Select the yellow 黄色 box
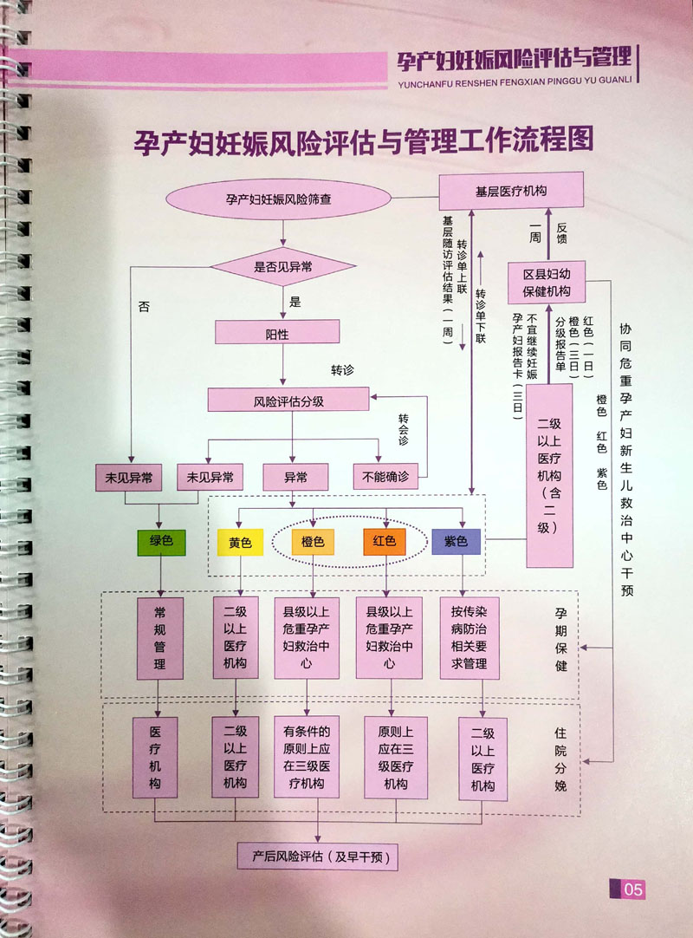coord(240,543)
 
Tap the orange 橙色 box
coord(313,543)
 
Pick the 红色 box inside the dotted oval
coord(385,543)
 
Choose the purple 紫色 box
coord(456,543)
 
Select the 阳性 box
coord(276,331)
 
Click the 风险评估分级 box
coord(288,401)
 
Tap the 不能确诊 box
coord(385,476)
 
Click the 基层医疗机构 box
coord(511,190)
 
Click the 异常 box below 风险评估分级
coord(295,476)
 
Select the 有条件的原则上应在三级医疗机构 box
coord(307,756)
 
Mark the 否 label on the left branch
coord(144,305)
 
